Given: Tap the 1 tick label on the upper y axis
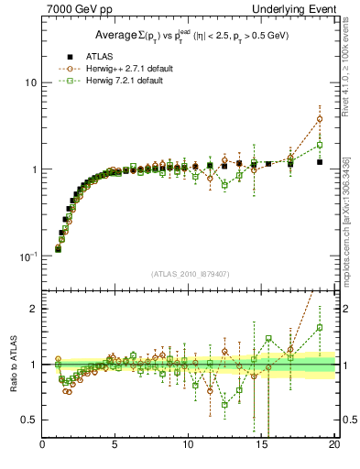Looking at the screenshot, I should pyautogui.click(x=34, y=169).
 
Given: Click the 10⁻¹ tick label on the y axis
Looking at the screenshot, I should pyautogui.click(x=28, y=256).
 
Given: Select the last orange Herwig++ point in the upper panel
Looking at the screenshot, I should pyautogui.click(x=320, y=119).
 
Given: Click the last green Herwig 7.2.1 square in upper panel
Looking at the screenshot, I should pyautogui.click(x=320, y=145).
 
